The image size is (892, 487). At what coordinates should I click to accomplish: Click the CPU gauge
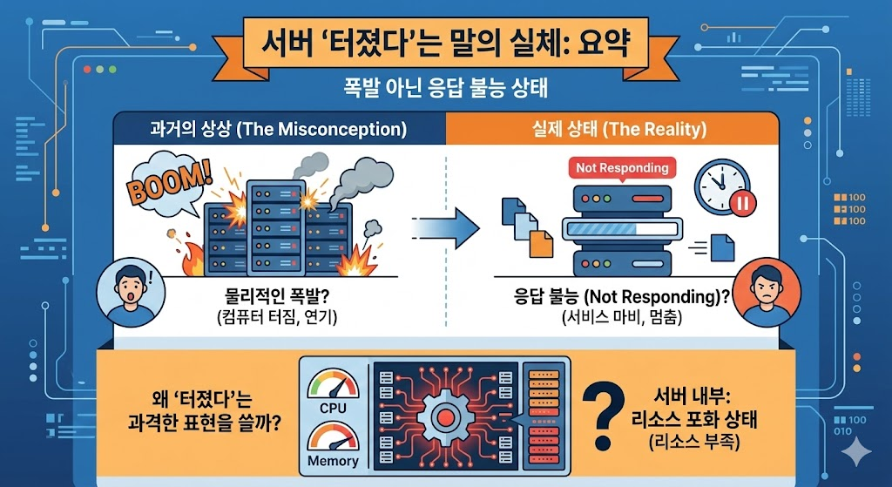[333, 389]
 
